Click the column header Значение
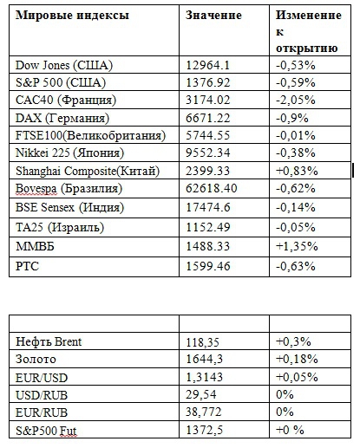coord(213,15)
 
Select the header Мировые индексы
coord(72,16)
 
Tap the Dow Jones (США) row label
coord(64,65)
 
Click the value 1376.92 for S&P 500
coord(207,82)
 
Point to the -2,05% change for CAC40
coord(296,100)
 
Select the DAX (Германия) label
coord(62,118)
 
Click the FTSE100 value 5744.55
coord(207,135)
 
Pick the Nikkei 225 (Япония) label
coord(69,153)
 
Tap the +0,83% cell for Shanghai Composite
coord(297,171)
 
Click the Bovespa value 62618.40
coord(211,188)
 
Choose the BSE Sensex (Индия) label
coord(69,207)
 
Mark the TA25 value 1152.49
coord(207,227)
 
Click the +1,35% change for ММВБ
coord(297,246)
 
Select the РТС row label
coord(27,266)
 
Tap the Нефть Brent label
coord(49,341)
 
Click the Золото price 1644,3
coord(204,359)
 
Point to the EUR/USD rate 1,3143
coord(204,377)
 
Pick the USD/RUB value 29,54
coord(200,394)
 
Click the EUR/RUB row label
coord(42,412)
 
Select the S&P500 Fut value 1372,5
coord(204,430)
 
